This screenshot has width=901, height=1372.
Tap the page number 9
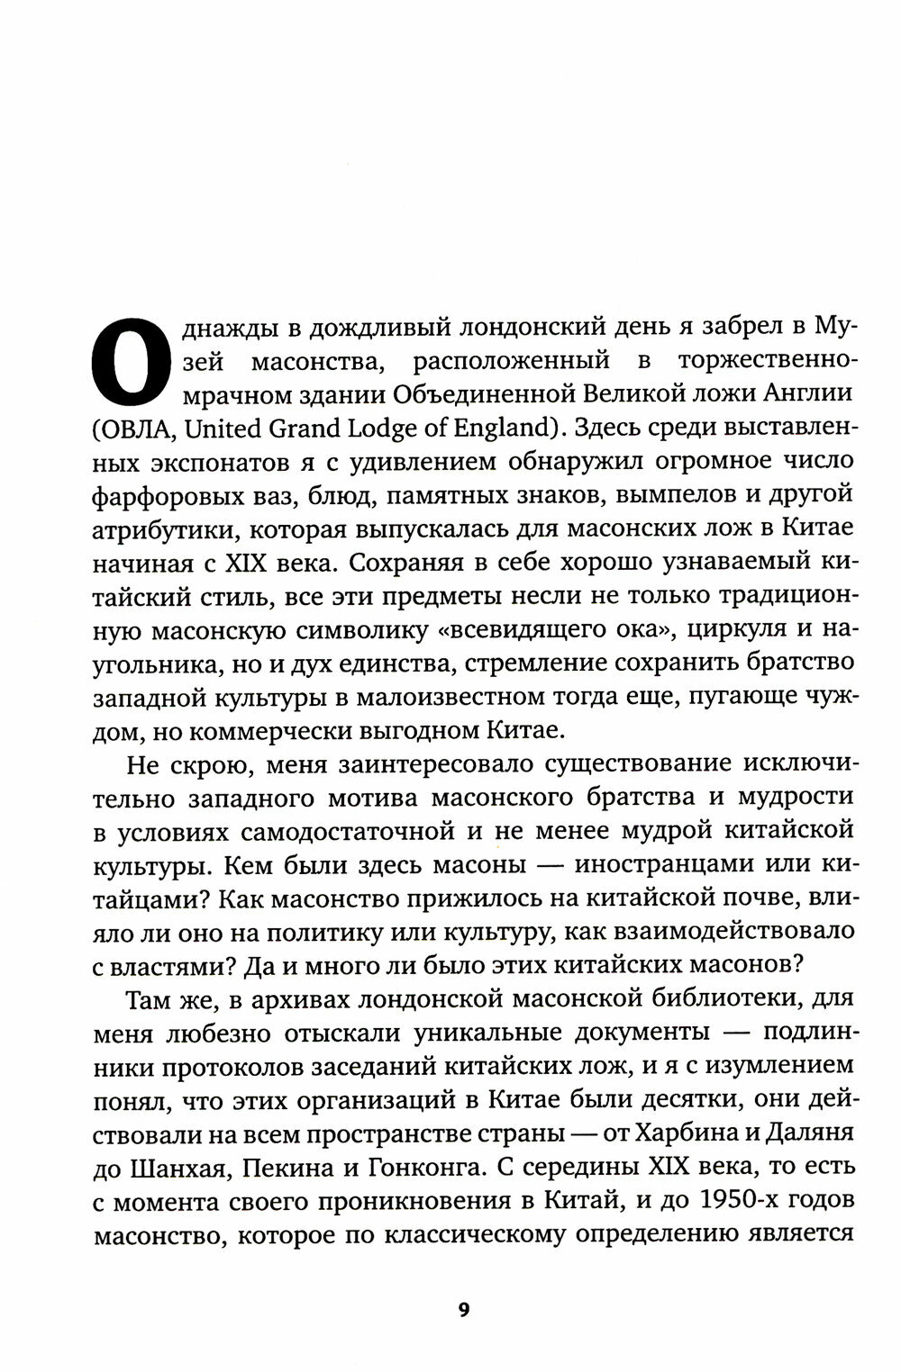point(463,1310)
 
